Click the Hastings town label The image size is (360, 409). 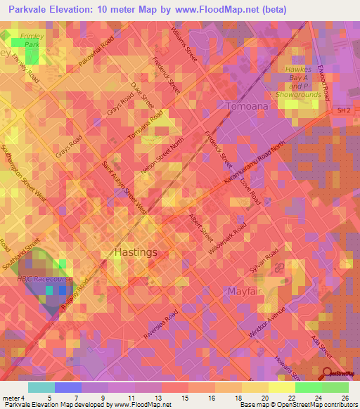pos(136,252)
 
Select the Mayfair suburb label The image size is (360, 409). pos(245,290)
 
